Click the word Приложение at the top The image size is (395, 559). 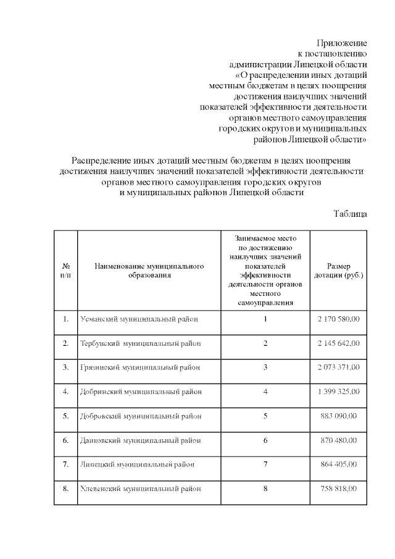coord(341,43)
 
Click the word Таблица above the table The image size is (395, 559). coord(351,214)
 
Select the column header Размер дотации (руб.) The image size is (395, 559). coord(338,271)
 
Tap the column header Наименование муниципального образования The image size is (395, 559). coord(149,271)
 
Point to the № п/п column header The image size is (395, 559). coord(66,271)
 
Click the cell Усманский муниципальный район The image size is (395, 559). coord(140,319)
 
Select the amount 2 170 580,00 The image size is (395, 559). coord(338,319)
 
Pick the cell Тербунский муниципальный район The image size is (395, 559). coord(141,343)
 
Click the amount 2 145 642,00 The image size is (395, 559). coord(338,343)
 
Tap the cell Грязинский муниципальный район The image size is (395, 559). coord(140,368)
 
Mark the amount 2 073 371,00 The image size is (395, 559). coord(338,368)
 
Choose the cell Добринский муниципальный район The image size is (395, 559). coord(141,392)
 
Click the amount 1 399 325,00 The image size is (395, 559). coord(338,392)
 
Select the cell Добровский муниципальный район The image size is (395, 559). coord(141,416)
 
